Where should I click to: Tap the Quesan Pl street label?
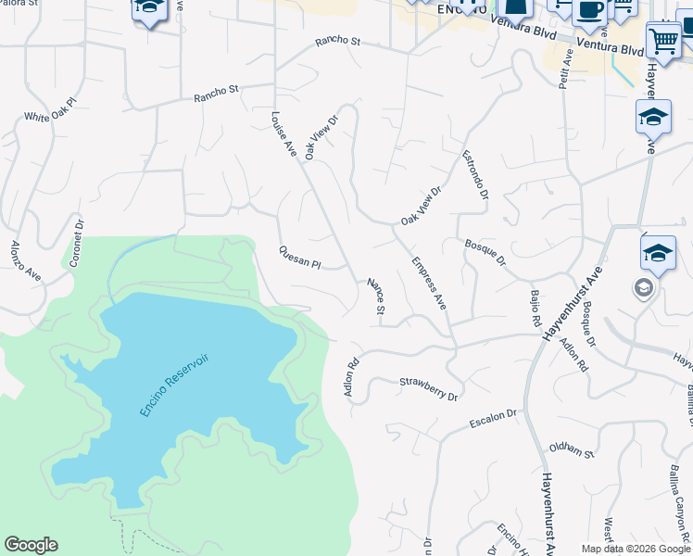299,258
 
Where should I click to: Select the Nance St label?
375,296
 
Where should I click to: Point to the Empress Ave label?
429,283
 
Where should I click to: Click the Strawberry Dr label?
429,388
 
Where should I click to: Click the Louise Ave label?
283,134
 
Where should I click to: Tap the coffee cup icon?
589,12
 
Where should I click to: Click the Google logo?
31,545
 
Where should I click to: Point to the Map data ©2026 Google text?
636,549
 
